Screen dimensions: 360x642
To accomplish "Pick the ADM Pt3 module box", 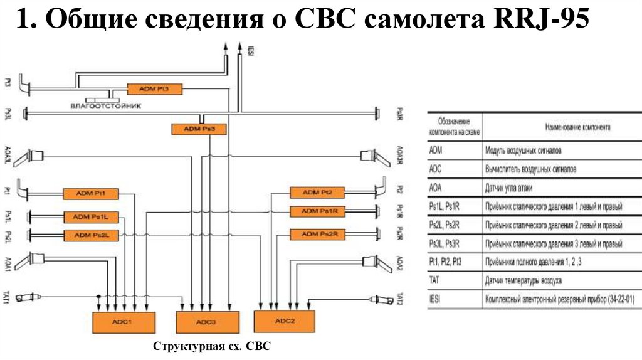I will tap(154, 90).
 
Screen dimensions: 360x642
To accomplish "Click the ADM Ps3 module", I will tap(199, 129).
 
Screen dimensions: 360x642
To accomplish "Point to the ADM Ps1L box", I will tap(92, 217).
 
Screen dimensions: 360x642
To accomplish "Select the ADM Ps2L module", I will tap(92, 235).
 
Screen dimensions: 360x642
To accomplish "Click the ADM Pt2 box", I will tap(317, 192).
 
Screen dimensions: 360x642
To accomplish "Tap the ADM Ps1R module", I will tap(318, 211).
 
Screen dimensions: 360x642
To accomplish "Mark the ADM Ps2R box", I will tap(318, 234).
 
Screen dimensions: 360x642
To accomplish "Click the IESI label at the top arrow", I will tap(250, 51).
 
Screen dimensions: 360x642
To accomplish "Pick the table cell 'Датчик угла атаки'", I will tap(512, 188).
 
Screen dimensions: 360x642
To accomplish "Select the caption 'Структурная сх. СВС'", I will tap(212, 346).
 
